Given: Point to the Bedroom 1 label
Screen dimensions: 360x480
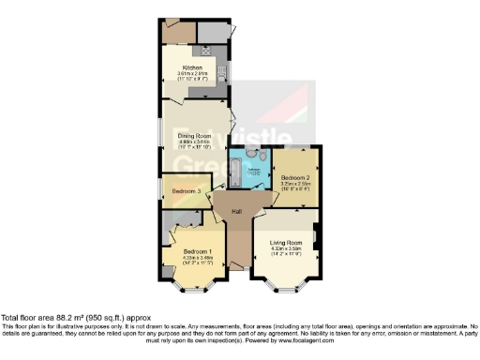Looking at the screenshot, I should click(199, 252).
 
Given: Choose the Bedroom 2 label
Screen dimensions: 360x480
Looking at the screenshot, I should click(295, 176).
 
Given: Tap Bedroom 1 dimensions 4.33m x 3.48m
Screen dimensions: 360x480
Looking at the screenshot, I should click(199, 259).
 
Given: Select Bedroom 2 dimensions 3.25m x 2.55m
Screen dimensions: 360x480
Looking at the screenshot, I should click(295, 183).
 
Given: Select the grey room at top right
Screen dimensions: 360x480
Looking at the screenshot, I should click(215, 32).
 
